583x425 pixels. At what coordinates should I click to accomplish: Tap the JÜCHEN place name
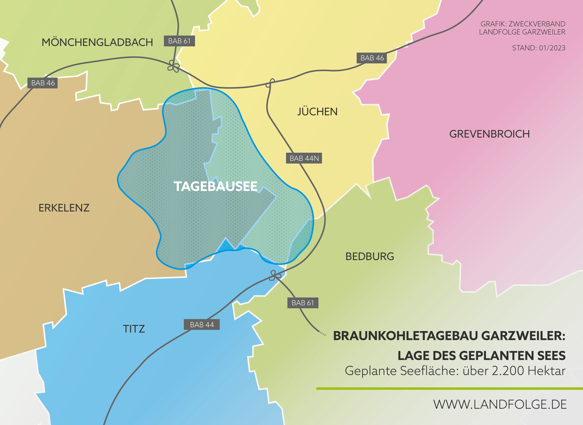pos(317,112)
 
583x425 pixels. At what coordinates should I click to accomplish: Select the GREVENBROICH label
pos(489,134)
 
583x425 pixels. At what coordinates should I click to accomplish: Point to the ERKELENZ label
pos(64,208)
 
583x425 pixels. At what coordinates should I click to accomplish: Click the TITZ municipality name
pos(134,329)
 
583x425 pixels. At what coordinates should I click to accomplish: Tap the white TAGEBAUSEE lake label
pos(215,186)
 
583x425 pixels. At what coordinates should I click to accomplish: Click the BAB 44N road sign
pos(304,158)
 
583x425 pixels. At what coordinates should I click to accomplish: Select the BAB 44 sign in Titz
pos(202,325)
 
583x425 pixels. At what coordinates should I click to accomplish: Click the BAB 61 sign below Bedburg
pos(303,303)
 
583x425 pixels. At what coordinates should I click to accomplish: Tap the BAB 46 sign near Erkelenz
pos(43,83)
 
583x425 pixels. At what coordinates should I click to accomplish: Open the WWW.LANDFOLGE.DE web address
pos(500,404)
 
